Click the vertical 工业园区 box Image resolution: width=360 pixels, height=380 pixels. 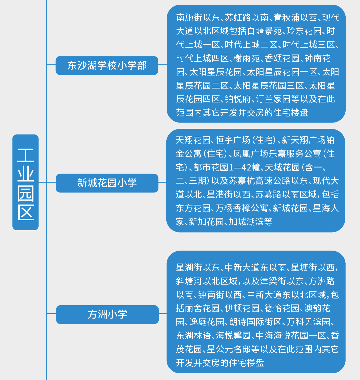click(x=25, y=182)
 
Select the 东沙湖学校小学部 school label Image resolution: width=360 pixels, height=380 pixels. click(x=107, y=65)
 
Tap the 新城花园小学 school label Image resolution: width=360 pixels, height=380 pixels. click(x=107, y=183)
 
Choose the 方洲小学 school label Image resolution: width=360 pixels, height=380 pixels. click(x=107, y=314)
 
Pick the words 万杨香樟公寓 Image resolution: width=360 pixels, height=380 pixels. click(x=242, y=208)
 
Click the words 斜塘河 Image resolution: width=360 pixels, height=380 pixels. click(x=189, y=281)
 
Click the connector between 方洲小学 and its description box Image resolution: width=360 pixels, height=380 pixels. click(x=163, y=314)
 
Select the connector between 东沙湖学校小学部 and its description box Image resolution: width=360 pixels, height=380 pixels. click(x=162, y=65)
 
